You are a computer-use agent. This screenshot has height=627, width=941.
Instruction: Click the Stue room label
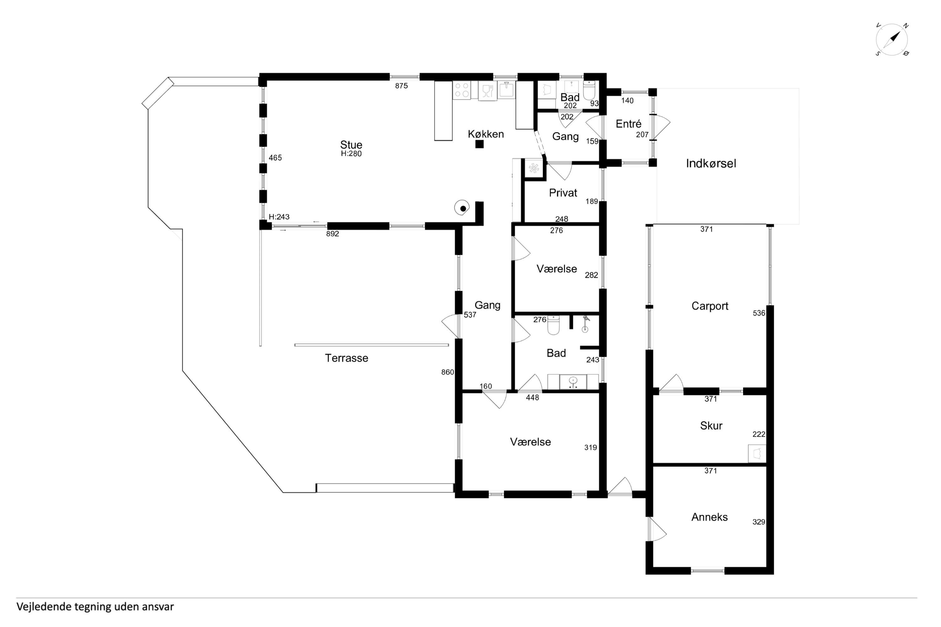pyautogui.click(x=351, y=145)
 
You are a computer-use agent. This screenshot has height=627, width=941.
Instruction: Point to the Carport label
pyautogui.click(x=710, y=306)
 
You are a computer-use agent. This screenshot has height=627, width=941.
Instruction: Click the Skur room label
pyautogui.click(x=711, y=425)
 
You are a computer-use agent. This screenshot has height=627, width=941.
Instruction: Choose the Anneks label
pyautogui.click(x=709, y=517)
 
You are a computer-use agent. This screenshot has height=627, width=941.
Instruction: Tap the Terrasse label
pyautogui.click(x=347, y=358)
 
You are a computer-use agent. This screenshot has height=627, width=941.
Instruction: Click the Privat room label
pyautogui.click(x=563, y=193)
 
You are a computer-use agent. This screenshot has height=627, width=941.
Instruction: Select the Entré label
pyautogui.click(x=629, y=124)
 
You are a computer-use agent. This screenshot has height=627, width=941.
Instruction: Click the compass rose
pyautogui.click(x=892, y=40)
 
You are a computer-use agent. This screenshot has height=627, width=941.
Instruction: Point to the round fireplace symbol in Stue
pyautogui.click(x=462, y=208)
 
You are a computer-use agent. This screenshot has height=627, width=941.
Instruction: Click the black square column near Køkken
pyautogui.click(x=479, y=144)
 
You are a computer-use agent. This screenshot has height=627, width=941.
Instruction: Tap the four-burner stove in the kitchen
pyautogui.click(x=462, y=90)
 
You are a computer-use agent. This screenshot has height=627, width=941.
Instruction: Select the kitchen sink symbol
pyautogui.click(x=507, y=90)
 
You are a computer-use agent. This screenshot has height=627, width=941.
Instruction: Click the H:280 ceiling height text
pyautogui.click(x=351, y=154)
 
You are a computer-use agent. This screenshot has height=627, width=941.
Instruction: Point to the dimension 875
pyautogui.click(x=401, y=86)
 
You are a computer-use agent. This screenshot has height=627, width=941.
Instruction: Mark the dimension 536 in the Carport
pyautogui.click(x=759, y=313)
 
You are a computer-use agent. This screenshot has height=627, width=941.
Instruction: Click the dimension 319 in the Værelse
pyautogui.click(x=591, y=447)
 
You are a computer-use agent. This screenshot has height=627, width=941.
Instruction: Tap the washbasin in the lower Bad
pyautogui.click(x=573, y=382)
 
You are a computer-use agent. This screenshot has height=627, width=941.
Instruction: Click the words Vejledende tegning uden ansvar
pyautogui.click(x=95, y=607)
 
